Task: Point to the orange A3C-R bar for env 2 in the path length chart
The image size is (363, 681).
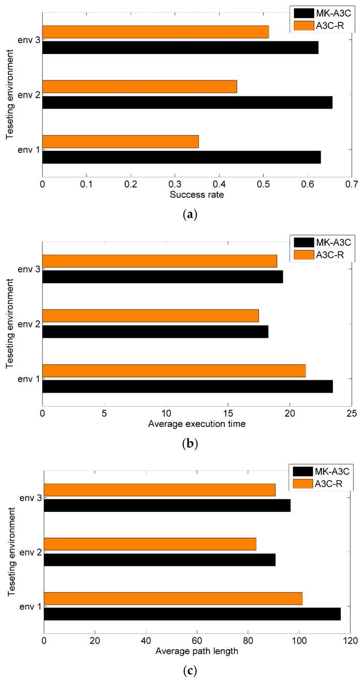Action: click(x=150, y=544)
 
